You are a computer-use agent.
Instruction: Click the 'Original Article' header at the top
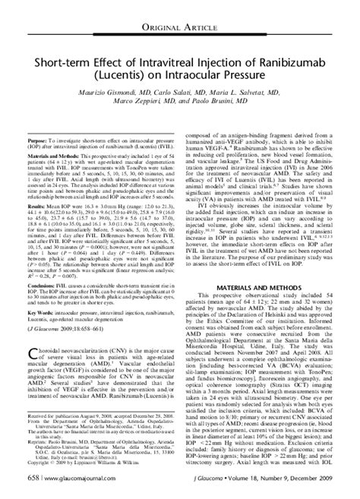[179, 11]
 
